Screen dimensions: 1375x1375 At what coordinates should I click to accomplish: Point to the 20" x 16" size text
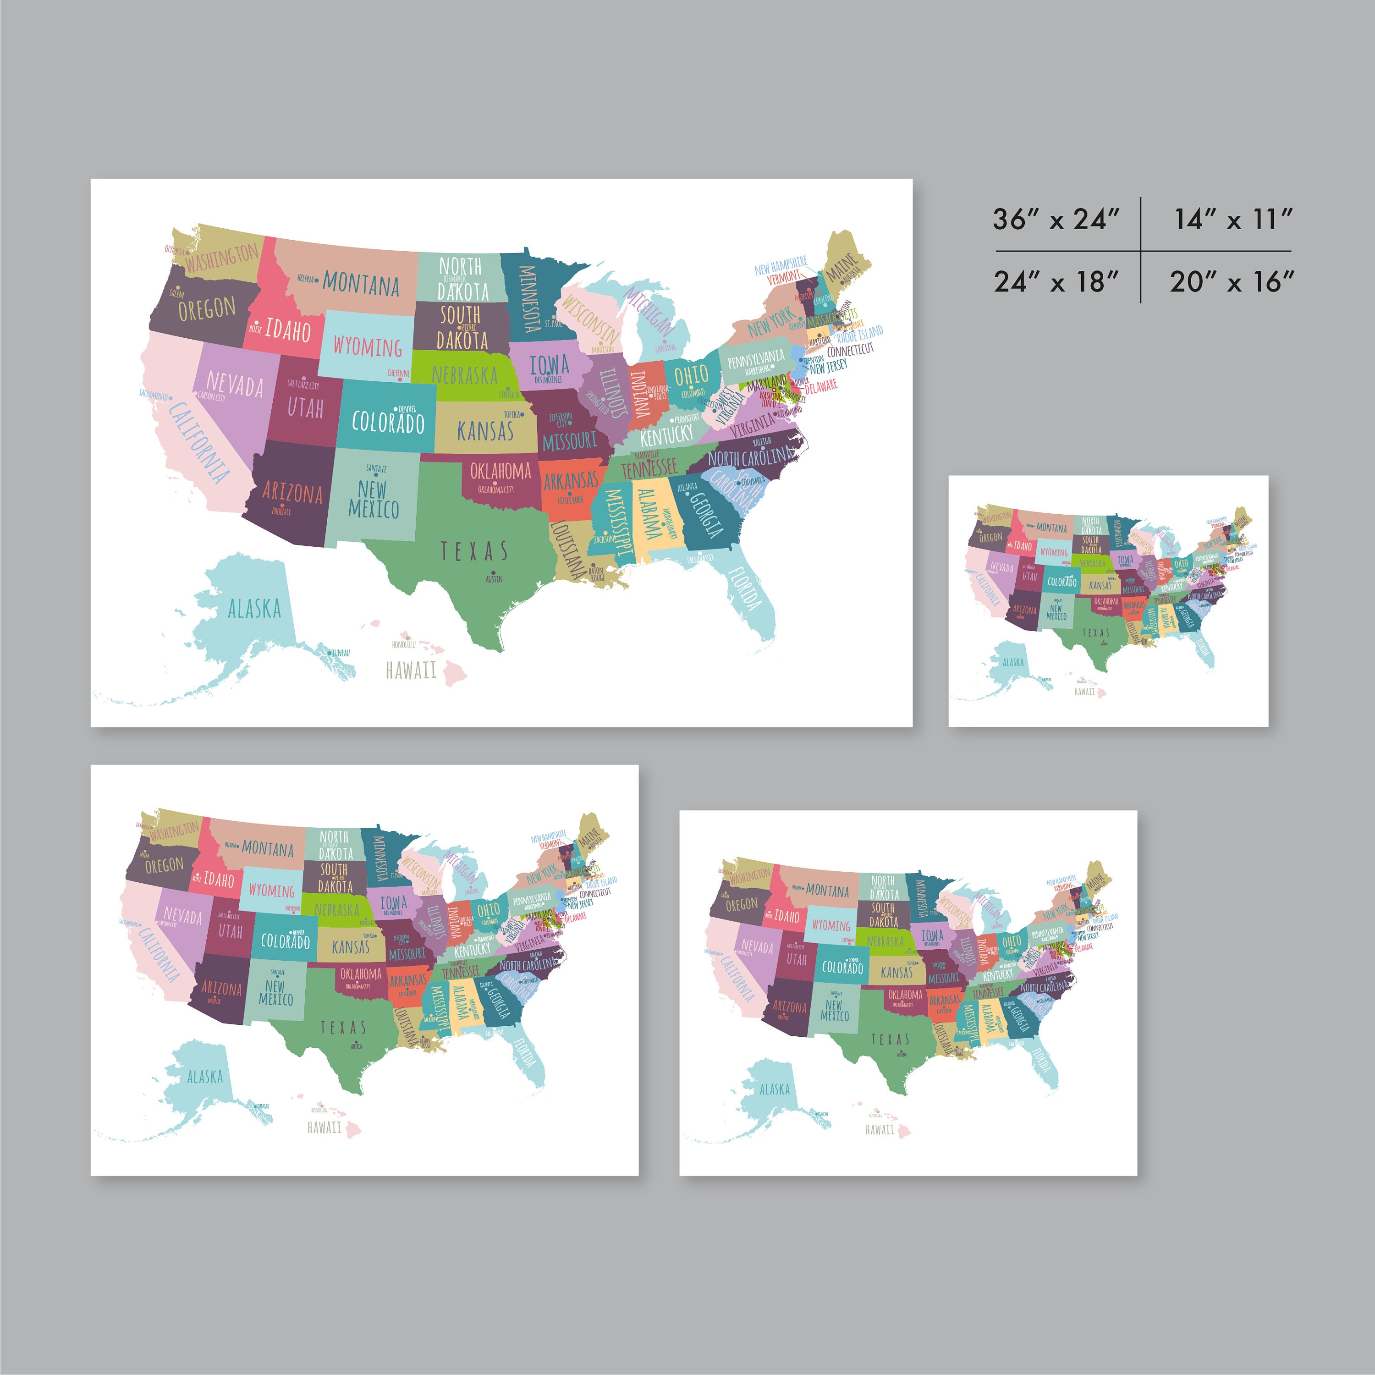pyautogui.click(x=1232, y=282)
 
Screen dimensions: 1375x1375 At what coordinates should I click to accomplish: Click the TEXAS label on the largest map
pyautogui.click(x=474, y=551)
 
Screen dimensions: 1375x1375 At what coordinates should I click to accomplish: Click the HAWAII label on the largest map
pyautogui.click(x=411, y=670)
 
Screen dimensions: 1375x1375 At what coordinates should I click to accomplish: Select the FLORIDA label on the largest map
pyautogui.click(x=744, y=588)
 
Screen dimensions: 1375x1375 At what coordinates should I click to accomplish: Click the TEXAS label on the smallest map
pyautogui.click(x=1096, y=632)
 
